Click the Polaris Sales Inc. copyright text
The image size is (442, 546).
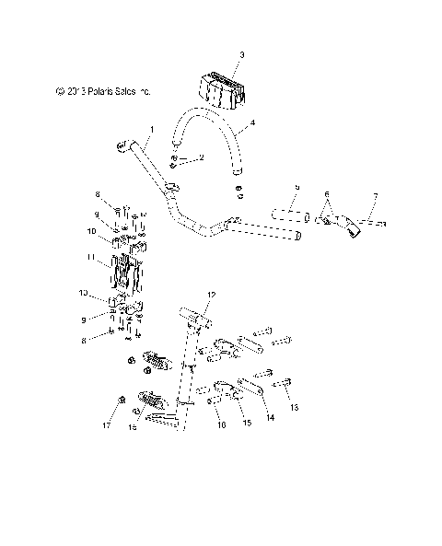pos(102,91)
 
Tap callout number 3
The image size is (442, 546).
pos(241,56)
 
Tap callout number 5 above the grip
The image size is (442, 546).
pos(297,188)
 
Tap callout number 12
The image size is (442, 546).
pos(210,295)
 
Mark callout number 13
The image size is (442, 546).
pos(294,406)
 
